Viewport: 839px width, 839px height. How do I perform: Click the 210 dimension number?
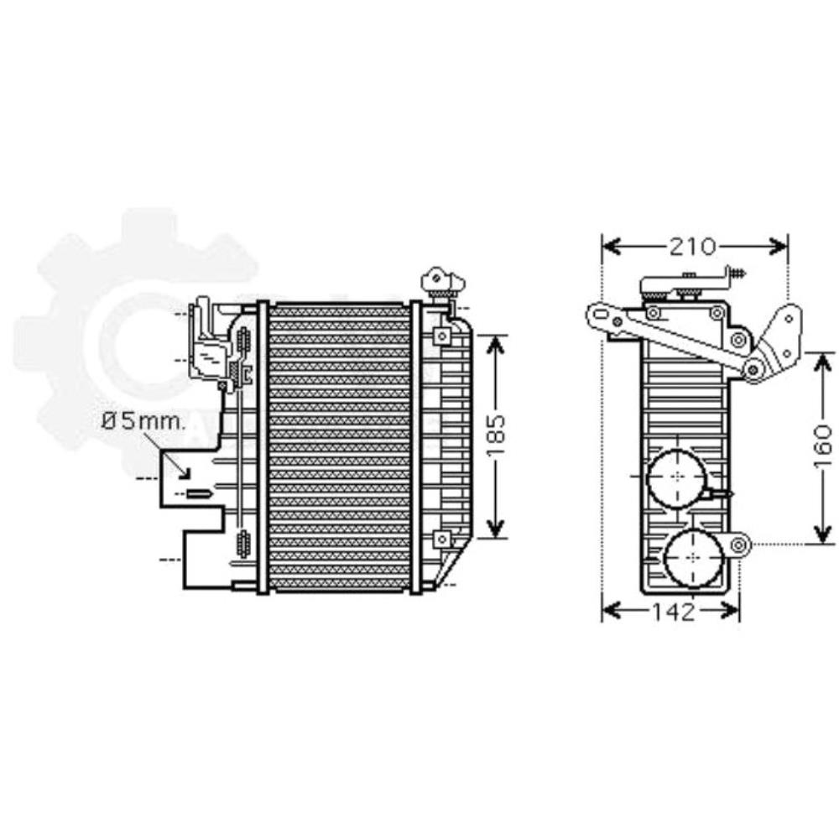[693, 246]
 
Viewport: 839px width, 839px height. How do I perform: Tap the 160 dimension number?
[824, 447]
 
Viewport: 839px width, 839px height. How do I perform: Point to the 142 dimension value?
[671, 612]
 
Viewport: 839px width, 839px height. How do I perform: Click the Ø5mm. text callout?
[143, 421]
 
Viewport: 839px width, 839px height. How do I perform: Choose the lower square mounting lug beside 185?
[440, 539]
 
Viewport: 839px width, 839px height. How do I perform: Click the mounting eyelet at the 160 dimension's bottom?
[738, 545]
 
